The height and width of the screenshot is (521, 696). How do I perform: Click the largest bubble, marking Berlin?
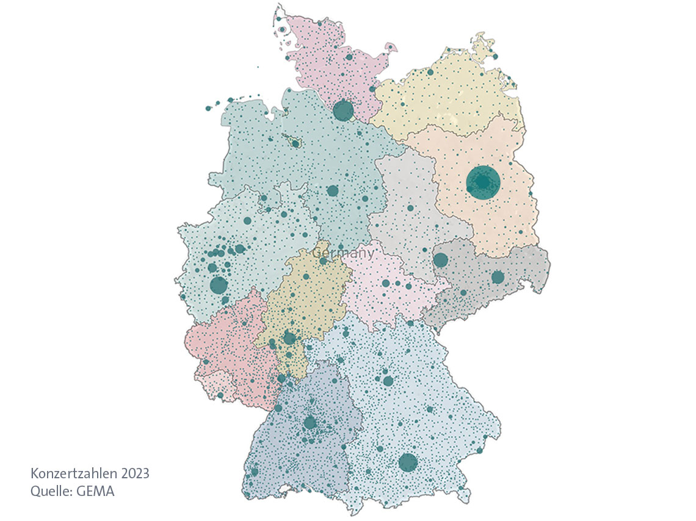point(483,182)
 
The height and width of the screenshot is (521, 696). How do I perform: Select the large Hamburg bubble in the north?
point(343,110)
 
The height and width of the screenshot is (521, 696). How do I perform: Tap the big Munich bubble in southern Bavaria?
point(408,462)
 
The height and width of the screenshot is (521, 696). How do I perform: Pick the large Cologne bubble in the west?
point(219,285)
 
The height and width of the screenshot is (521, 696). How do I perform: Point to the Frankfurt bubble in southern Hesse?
point(289,338)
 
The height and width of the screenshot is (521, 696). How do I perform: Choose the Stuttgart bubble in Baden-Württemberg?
point(310,422)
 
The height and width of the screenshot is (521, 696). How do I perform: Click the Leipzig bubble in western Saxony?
point(440,260)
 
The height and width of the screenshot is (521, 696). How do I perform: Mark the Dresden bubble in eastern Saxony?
point(498,277)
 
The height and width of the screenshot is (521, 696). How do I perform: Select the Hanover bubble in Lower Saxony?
point(332,191)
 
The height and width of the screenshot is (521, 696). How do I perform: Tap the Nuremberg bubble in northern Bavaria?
point(388,381)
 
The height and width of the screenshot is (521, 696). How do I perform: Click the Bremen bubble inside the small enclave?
point(295,144)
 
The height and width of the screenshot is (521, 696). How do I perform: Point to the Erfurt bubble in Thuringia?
point(385,284)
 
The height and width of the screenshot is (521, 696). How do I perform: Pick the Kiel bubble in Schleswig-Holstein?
point(349,57)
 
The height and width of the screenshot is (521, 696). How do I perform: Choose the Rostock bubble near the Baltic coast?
point(430,72)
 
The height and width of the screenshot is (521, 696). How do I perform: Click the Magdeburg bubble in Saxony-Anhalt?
point(410,208)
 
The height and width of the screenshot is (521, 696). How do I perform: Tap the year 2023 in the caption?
point(135,473)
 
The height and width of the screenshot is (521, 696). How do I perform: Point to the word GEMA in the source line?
point(95,490)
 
